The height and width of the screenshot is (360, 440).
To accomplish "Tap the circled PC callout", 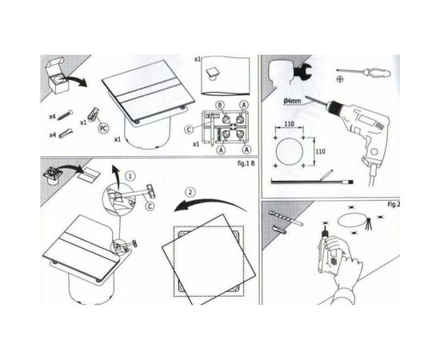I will tap(102, 127).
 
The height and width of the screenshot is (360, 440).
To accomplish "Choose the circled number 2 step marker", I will tap(190, 193).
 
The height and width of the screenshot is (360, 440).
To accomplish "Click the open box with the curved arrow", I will tap(62, 76).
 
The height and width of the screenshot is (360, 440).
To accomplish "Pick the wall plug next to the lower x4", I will tap(69, 134).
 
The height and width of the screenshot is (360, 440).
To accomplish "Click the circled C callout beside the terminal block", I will tap(190, 129).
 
